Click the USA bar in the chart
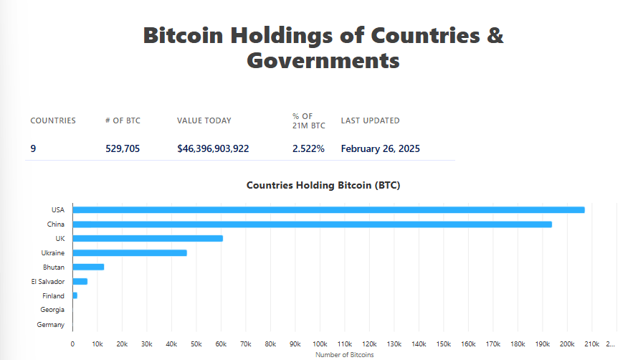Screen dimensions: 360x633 328,210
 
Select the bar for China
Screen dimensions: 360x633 312,224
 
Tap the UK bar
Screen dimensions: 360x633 148,238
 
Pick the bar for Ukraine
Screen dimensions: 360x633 130,252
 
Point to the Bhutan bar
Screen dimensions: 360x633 89,267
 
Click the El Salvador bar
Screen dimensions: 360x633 80,281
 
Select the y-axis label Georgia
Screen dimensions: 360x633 52,311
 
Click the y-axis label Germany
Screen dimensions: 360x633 51,325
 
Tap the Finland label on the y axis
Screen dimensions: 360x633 53,296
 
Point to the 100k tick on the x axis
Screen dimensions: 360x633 320,344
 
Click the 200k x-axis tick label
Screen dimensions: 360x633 567,344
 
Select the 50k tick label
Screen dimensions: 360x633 196,344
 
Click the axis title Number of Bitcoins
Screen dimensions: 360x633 345,354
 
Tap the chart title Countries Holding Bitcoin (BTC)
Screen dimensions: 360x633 323,185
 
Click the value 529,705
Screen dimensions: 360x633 123,149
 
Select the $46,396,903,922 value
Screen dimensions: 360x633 213,149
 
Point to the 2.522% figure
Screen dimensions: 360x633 308,149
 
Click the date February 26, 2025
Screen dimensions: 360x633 380,149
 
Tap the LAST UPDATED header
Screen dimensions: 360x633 370,120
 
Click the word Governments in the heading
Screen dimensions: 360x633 323,60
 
